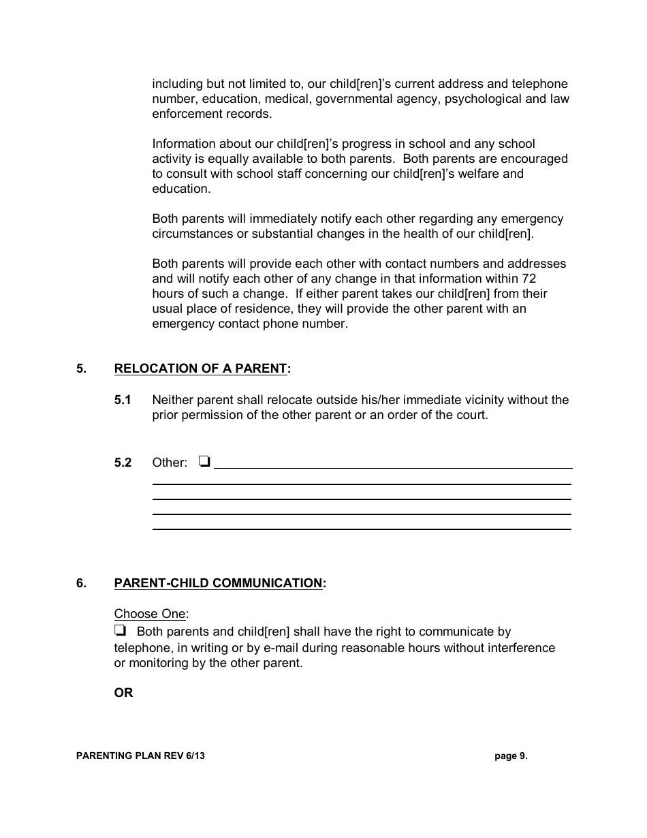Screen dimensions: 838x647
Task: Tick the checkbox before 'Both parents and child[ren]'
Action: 121,631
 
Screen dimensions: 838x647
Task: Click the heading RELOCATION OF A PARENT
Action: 201,369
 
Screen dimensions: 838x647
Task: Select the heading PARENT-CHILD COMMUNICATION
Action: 218,583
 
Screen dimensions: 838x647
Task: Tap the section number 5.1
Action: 123,400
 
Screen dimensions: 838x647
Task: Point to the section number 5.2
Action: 123,463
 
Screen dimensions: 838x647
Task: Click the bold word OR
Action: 123,693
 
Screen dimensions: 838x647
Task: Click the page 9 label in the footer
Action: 511,756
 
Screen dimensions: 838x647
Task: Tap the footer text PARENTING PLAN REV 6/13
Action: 140,756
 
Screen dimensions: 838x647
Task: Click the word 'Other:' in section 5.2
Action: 170,463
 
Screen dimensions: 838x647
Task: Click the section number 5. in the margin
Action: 81,369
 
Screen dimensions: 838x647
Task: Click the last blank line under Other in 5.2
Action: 361,528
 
